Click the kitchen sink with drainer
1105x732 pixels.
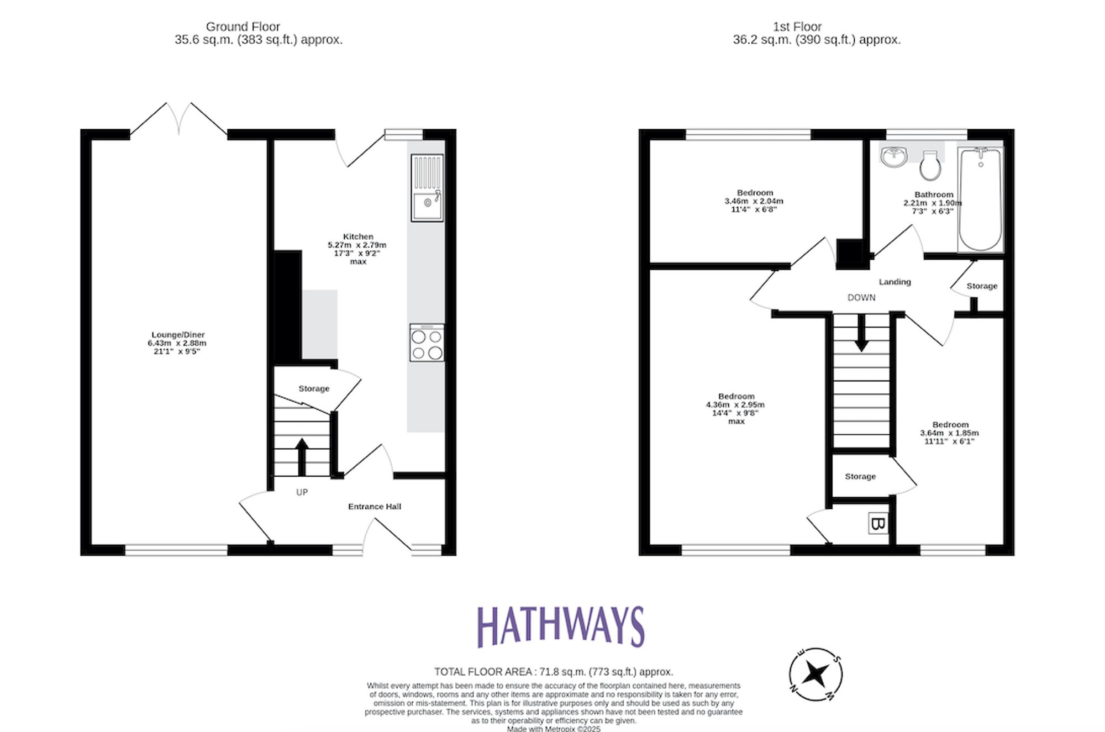(x=427, y=188)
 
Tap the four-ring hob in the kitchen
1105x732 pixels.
(x=427, y=343)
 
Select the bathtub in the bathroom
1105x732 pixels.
(x=981, y=199)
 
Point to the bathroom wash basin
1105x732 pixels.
(x=893, y=156)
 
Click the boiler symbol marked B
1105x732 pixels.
(x=877, y=523)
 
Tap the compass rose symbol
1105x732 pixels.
(x=815, y=674)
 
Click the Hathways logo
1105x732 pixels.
(x=560, y=626)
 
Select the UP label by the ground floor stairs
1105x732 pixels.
(x=302, y=492)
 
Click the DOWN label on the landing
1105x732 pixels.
(x=861, y=297)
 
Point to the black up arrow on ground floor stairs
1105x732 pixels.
(x=302, y=456)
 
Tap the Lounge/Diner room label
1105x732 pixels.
(x=178, y=335)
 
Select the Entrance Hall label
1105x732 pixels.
(x=374, y=507)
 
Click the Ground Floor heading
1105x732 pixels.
(x=243, y=27)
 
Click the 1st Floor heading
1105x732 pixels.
(x=797, y=27)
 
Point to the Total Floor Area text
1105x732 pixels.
(x=553, y=672)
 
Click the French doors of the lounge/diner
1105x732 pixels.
(x=178, y=119)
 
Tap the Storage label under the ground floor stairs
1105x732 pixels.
(x=314, y=389)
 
